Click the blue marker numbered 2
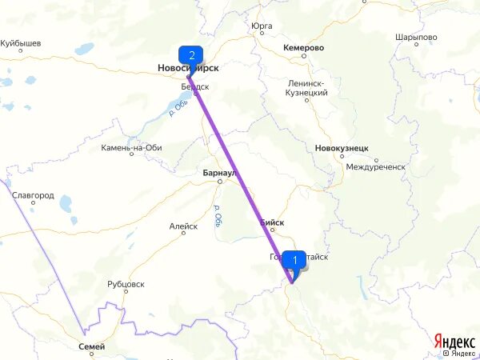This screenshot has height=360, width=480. pyautogui.click(x=190, y=56)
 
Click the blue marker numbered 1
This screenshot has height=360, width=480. pyautogui.click(x=294, y=259)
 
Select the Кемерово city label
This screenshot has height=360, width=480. pyautogui.click(x=303, y=48)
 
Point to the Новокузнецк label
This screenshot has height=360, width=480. pyautogui.click(x=342, y=148)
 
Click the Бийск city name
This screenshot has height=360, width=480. pyautogui.click(x=272, y=222)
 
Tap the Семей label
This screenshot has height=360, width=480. pyautogui.click(x=92, y=346)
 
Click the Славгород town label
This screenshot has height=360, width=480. pyautogui.click(x=33, y=194)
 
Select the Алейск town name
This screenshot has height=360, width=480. pyautogui.click(x=183, y=226)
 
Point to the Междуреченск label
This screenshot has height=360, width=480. pyautogui.click(x=376, y=167)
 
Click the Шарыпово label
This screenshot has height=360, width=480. pyautogui.click(x=416, y=38)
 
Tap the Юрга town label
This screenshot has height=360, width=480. pyautogui.click(x=262, y=26)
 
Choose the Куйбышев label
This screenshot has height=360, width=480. pyautogui.click(x=21, y=44)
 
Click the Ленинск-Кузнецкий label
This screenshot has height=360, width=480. pyautogui.click(x=308, y=88)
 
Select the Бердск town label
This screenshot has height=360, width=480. pyautogui.click(x=195, y=86)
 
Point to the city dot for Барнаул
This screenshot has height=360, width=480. pyautogui.click(x=218, y=182)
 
